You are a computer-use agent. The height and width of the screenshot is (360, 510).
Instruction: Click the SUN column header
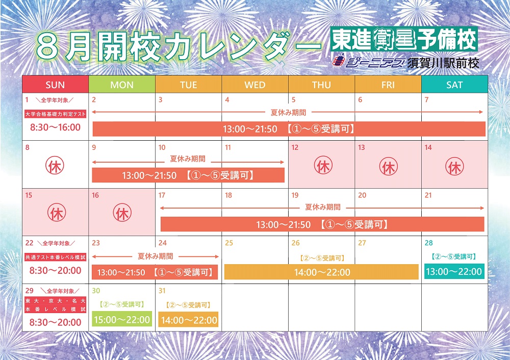tap(55, 85)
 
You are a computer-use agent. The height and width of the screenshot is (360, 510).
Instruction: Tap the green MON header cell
tap(122, 85)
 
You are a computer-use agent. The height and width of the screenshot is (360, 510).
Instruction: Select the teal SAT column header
tap(454, 85)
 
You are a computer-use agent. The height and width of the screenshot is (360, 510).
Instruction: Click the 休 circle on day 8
tap(55, 166)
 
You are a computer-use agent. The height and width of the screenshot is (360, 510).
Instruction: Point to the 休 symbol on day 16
tap(122, 213)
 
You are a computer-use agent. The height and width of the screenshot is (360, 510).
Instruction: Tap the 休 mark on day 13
tap(388, 166)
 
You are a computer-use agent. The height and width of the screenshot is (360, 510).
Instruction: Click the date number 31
tap(162, 291)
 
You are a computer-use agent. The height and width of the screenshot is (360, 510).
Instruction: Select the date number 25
tap(229, 243)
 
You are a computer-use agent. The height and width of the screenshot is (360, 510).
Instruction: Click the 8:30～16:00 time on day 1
tap(55, 127)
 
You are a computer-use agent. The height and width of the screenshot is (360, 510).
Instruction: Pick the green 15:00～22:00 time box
tap(122, 319)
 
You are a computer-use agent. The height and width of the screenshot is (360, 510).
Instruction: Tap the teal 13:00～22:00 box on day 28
tap(454, 271)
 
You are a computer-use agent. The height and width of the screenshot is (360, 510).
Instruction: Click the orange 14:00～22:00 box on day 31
tap(189, 320)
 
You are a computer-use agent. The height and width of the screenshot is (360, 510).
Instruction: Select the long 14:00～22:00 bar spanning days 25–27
tap(322, 272)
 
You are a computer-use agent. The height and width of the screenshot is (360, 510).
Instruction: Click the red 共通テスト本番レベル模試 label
tap(55, 257)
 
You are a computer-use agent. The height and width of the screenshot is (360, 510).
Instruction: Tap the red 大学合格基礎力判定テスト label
tap(55, 114)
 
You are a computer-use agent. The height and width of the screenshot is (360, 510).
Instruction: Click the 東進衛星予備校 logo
tap(404, 39)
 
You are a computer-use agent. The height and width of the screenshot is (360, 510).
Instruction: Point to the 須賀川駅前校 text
tap(443, 63)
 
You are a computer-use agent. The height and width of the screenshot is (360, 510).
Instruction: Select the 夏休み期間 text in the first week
tap(288, 113)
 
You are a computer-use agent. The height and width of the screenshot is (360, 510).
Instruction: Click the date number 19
tap(295, 195)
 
